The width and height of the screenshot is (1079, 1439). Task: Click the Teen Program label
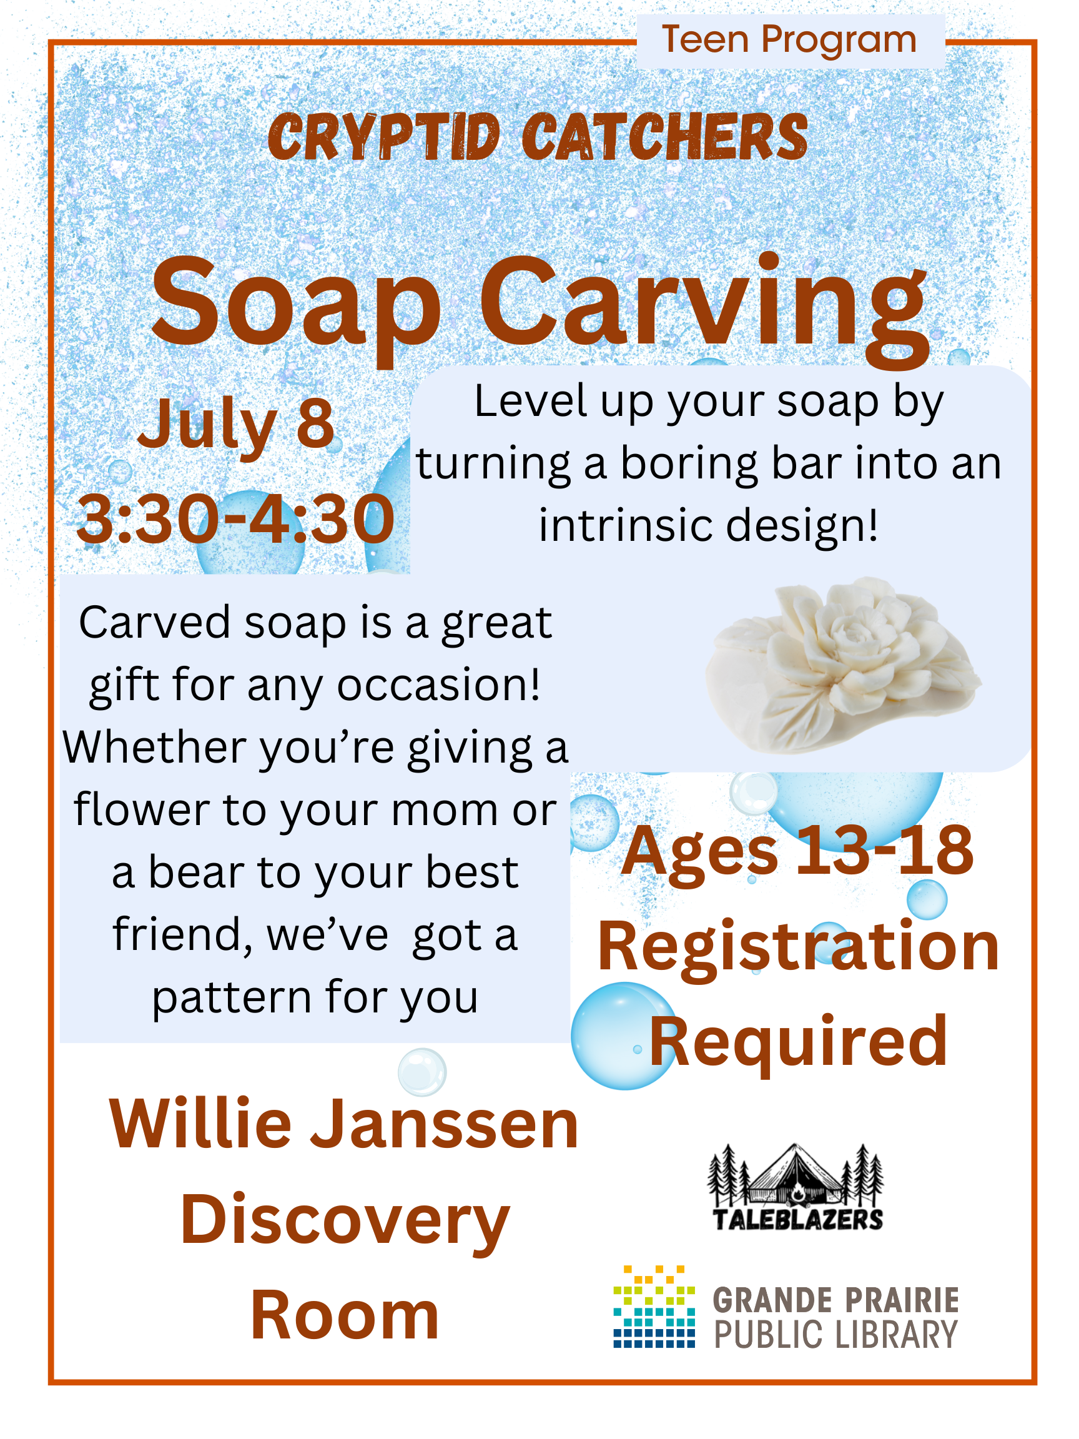click(x=789, y=40)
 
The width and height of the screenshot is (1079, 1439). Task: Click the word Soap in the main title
click(x=297, y=305)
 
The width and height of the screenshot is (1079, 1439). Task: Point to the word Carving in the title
click(x=704, y=309)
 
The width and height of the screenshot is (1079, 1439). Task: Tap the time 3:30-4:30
click(x=235, y=518)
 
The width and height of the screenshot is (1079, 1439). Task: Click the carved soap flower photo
click(x=843, y=665)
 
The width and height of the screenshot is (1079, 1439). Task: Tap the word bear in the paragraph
click(x=197, y=873)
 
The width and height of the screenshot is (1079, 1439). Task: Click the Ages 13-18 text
click(x=798, y=851)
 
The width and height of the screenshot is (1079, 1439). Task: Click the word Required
click(x=799, y=1042)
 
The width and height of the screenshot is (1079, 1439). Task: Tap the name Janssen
click(x=445, y=1125)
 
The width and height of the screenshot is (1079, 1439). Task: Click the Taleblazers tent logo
click(x=796, y=1188)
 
